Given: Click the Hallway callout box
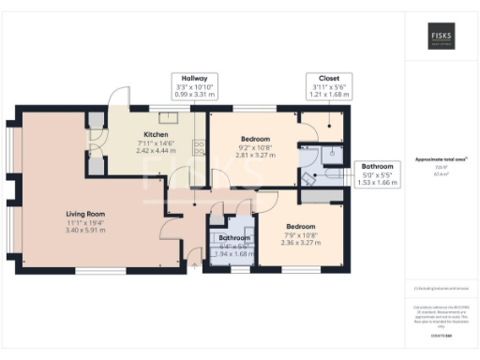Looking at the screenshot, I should click(194, 86).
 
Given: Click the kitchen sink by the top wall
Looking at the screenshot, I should click(169, 117).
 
